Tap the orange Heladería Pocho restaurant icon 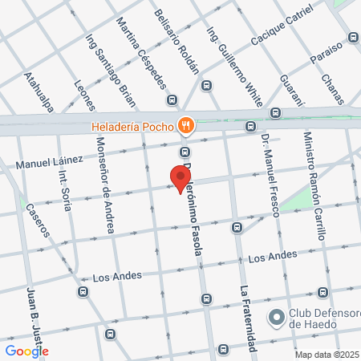tap(186, 124)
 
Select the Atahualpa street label tap(38, 94)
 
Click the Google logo tap(26, 351)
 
